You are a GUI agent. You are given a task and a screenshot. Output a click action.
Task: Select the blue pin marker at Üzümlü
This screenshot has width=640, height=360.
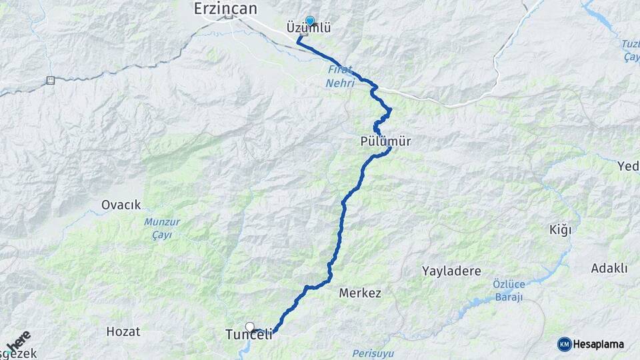point(309,21)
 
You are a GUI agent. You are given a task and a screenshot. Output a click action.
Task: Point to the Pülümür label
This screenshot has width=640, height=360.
point(385,141)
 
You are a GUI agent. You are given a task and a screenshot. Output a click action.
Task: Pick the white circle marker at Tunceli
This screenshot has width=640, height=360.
point(249,327)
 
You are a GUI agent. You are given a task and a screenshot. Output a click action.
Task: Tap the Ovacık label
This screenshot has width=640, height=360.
point(121,205)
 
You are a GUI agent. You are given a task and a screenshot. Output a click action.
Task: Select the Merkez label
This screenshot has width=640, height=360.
point(360,293)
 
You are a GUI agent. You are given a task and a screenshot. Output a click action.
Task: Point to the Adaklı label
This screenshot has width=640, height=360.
point(609,269)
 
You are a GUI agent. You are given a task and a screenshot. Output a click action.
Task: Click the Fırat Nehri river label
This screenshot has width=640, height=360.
point(340,76)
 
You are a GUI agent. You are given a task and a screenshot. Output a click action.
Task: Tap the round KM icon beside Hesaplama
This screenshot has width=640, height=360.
point(564,344)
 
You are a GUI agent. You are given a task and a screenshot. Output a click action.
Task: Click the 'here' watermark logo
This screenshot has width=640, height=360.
point(19,340)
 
